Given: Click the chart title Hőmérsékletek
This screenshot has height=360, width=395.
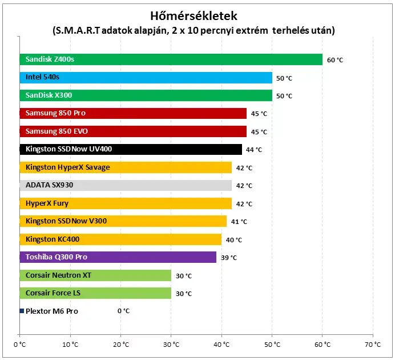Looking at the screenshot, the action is tap(194, 16).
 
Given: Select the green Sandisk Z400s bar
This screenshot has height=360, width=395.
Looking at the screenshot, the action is tap(171, 59).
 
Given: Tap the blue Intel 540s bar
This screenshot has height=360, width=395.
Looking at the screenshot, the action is tap(146, 77).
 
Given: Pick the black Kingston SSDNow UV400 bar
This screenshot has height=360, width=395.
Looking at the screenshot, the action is tap(131, 149).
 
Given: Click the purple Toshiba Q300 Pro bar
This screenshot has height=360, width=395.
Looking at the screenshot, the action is tap(118, 257).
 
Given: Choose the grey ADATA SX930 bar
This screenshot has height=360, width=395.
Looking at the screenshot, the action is tap(126, 185).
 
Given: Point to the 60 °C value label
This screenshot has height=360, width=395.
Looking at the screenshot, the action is tap(335, 60).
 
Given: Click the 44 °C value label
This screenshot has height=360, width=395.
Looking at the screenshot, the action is tap(254, 150).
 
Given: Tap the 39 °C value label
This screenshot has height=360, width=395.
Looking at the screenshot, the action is tap(229, 258).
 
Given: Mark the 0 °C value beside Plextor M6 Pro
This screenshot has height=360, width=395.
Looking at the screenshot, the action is tap(123, 311).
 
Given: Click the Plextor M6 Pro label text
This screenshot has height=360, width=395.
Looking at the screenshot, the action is tap(52, 311).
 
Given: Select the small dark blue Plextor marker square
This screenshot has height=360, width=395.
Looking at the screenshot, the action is tap(22, 311).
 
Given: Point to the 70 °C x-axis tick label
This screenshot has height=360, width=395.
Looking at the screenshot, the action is tap(373, 345).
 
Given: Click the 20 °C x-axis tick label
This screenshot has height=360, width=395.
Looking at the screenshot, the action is tap(121, 345).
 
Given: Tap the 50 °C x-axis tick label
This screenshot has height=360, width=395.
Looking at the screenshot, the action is tap(272, 345).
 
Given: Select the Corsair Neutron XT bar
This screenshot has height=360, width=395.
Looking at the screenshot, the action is tap(95, 275).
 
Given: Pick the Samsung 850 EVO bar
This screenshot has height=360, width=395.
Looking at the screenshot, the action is tap(133, 131).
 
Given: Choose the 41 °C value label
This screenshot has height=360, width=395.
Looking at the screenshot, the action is tap(239, 222).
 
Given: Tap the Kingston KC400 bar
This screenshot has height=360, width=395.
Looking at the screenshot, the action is tap(120, 239).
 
